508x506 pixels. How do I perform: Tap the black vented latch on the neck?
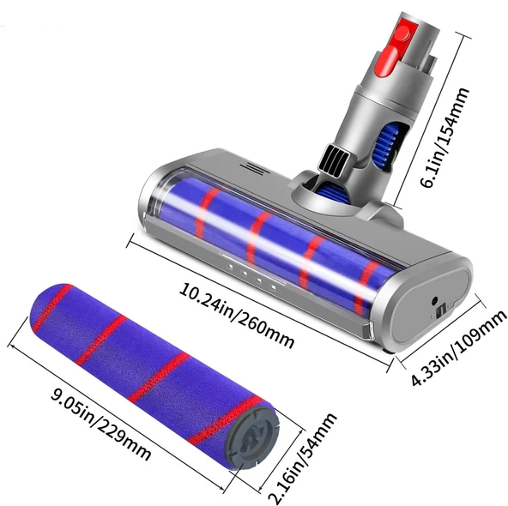click(335, 157)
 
